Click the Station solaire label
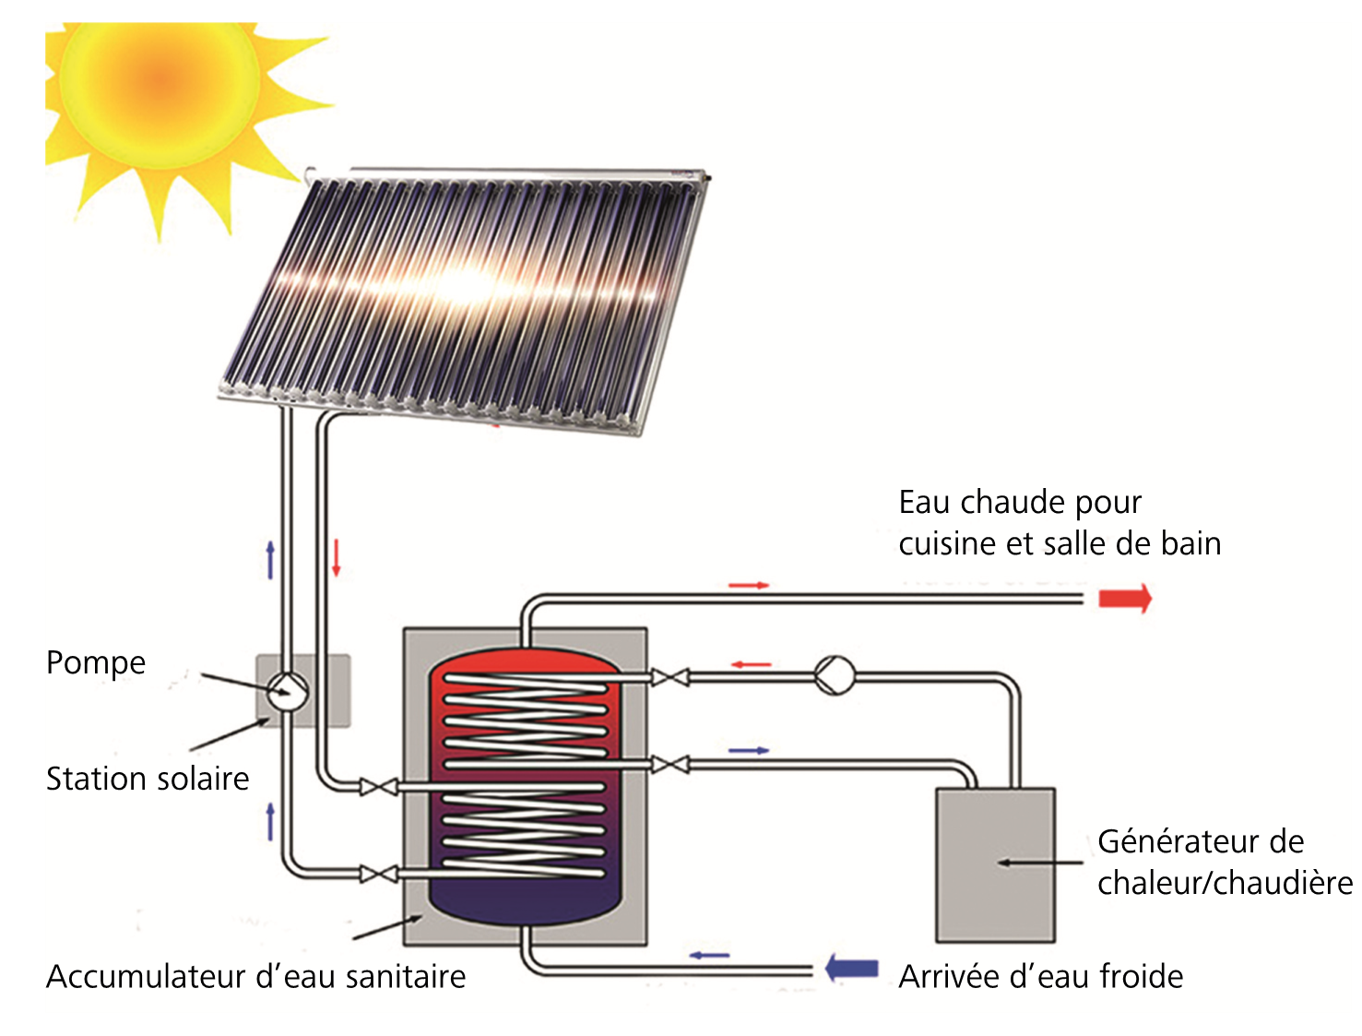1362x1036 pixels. (x=148, y=779)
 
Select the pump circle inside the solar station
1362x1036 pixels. (x=288, y=691)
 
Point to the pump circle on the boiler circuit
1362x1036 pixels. (x=834, y=675)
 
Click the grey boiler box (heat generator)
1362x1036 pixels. (x=995, y=865)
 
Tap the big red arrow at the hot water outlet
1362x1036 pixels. (x=1125, y=599)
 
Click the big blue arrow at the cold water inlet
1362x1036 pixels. (x=851, y=969)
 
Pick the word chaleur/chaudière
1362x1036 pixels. (x=1225, y=883)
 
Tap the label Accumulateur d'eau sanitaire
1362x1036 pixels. (x=255, y=976)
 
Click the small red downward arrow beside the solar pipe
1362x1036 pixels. (x=336, y=557)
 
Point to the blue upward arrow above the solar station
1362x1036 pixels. (x=270, y=560)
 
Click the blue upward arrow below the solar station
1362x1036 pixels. (x=270, y=821)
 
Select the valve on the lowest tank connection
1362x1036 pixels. (x=378, y=874)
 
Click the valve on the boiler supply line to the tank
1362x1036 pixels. (x=669, y=676)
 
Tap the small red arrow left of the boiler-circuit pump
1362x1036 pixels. (x=751, y=665)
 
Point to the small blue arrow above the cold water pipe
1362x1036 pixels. (x=709, y=956)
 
